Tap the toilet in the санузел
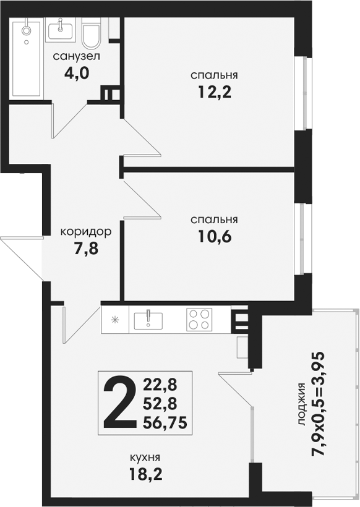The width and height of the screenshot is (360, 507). pos(92,33)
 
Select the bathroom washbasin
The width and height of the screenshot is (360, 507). pos(61,30)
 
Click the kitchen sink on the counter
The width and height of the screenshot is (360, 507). pos(148,320)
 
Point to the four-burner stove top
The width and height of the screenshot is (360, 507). pos(199,320)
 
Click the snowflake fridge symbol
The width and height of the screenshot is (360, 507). pos(115,320)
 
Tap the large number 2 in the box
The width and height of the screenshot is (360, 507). pos(119,403)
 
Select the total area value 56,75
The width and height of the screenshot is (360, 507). pos(165,422)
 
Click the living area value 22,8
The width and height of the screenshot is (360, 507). pos(160,385)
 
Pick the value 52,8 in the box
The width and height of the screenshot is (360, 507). pos(160,404)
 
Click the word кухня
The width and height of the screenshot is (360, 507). pos(145,458)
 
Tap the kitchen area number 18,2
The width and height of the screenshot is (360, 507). pos(145,474)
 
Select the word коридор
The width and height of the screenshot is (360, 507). pos(86,232)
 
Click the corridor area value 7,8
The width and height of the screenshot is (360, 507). pos(86,249)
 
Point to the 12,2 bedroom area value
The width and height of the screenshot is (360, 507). pos(215,93)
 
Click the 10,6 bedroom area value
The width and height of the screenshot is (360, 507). pos(215,237)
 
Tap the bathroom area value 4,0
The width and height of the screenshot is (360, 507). pos(77,74)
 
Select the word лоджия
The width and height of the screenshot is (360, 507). pos(302,404)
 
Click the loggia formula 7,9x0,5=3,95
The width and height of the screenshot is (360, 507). pos(317,404)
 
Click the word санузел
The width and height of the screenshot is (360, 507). pos(77,56)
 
